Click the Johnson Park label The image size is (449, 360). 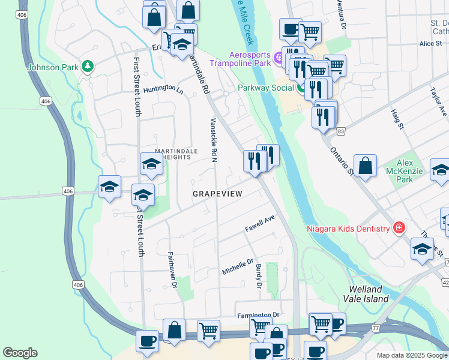(x=53, y=67)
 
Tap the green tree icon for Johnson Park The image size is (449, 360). (x=88, y=65)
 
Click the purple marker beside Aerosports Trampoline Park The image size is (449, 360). (x=277, y=58)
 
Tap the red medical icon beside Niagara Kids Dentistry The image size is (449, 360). (x=398, y=228)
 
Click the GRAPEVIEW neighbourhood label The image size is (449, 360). (x=217, y=194)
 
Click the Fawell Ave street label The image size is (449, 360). (x=259, y=225)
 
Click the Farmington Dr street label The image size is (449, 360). (x=259, y=315)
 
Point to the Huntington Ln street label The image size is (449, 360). (x=163, y=89)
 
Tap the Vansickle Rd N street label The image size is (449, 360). (x=213, y=140)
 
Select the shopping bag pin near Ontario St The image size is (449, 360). (x=365, y=165)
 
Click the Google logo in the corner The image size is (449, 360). (x=20, y=353)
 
